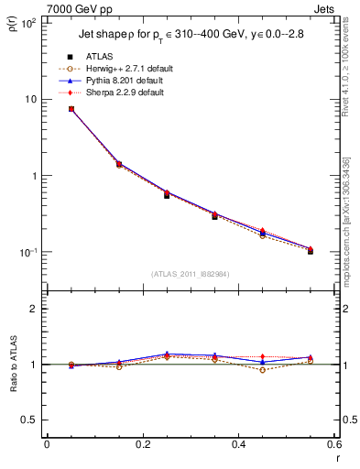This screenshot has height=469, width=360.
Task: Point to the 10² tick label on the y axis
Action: point(29,23)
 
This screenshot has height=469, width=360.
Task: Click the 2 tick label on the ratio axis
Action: point(35,309)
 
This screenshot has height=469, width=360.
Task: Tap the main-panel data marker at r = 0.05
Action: point(71,109)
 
